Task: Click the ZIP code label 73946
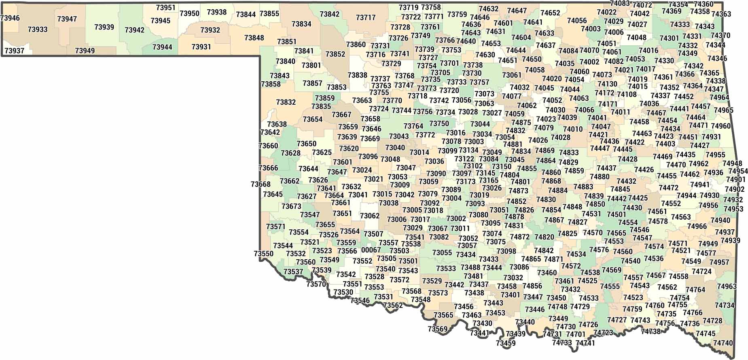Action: click(10, 18)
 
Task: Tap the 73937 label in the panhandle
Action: click(14, 51)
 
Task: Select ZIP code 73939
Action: click(104, 27)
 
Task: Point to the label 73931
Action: click(201, 47)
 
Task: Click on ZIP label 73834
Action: click(301, 24)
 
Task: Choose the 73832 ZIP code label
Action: click(286, 102)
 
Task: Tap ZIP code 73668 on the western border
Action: click(261, 184)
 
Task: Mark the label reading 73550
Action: click(264, 254)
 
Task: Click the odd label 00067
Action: click(371, 250)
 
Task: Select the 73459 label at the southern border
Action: click(506, 343)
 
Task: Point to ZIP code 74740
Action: click(723, 343)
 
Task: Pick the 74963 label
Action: click(727, 286)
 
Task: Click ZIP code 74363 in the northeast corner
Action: click(721, 14)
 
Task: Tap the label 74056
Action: click(577, 21)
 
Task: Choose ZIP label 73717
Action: click(366, 18)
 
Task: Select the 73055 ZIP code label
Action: click(442, 253)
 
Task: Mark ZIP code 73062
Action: click(370, 216)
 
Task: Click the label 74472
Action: click(668, 188)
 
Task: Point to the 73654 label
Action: click(313, 119)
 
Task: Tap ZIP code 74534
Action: click(576, 254)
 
